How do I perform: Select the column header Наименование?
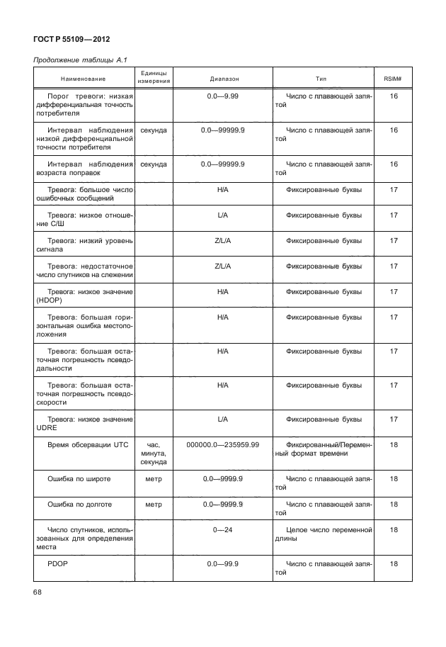click(83, 78)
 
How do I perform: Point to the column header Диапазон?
click(223, 78)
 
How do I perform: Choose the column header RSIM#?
click(394, 78)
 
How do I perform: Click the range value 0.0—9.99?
click(223, 95)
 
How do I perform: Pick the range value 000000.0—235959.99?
click(223, 444)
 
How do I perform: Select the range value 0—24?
click(223, 529)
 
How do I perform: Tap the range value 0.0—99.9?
click(223, 565)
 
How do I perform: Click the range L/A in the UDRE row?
click(223, 419)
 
